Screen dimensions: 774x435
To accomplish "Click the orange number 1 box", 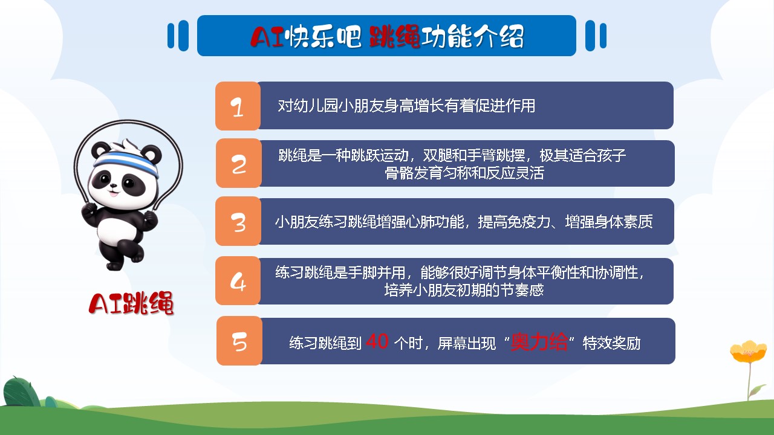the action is (238, 106).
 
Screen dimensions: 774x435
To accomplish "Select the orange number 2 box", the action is (238, 163).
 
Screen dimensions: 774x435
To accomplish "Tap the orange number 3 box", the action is (238, 221).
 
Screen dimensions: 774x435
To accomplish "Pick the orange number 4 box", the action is (238, 281).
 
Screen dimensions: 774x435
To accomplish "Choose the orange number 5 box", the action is (239, 341).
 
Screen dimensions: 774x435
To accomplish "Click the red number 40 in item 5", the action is (377, 341).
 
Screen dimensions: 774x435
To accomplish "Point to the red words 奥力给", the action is (539, 342).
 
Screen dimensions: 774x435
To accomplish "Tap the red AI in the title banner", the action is (267, 37).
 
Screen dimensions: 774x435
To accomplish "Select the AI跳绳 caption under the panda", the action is (131, 303).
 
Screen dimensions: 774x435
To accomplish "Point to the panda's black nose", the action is (113, 185).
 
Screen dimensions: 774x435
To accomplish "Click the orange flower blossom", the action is (748, 352).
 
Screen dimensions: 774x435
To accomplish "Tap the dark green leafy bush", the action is (21, 392).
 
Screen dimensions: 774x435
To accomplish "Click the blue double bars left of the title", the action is (178, 36).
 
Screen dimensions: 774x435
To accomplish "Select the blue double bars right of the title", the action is (596, 36).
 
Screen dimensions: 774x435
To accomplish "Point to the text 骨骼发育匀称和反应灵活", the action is (464, 173).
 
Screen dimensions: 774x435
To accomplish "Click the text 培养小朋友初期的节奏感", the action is (464, 290).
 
